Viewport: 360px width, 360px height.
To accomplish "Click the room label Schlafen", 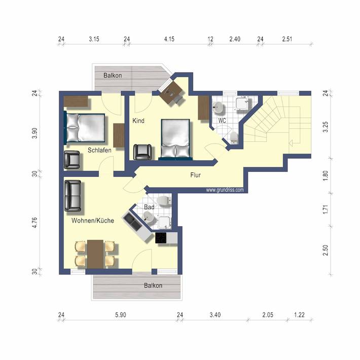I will [x=99, y=150].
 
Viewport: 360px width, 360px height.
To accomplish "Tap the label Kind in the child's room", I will [x=138, y=121].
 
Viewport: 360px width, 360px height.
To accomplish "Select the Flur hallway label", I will [x=196, y=175].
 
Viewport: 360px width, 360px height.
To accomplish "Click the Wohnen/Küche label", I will [x=93, y=221].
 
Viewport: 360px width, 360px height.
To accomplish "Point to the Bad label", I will [x=149, y=207].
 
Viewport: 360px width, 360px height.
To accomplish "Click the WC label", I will [x=222, y=121].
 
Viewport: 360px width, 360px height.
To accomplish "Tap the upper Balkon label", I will [x=113, y=75].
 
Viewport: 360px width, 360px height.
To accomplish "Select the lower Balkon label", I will [x=153, y=285].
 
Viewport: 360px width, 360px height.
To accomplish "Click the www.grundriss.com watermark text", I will [x=225, y=190].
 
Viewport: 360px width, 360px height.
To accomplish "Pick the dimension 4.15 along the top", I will [x=169, y=39].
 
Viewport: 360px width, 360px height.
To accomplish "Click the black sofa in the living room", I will [x=73, y=196].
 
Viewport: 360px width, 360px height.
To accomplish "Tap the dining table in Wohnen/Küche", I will [x=94, y=253].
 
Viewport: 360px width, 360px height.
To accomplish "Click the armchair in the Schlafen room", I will [x=73, y=160].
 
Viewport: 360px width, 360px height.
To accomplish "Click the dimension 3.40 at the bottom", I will [x=214, y=315].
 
